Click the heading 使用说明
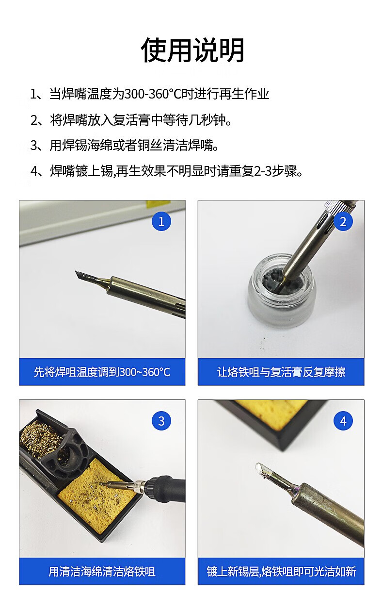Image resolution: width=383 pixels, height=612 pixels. [192, 50]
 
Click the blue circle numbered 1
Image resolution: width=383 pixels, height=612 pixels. [161, 221]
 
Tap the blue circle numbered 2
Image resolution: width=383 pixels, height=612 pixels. [343, 221]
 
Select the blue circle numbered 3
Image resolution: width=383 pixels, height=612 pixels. [161, 421]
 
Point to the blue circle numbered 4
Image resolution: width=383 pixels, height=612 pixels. [343, 421]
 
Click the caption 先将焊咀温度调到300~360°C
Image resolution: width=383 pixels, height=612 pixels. [102, 372]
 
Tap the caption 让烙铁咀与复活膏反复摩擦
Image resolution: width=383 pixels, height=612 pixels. [281, 372]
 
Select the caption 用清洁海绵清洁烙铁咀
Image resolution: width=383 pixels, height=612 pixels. [102, 572]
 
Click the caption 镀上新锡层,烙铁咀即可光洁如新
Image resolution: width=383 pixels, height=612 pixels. [281, 572]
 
